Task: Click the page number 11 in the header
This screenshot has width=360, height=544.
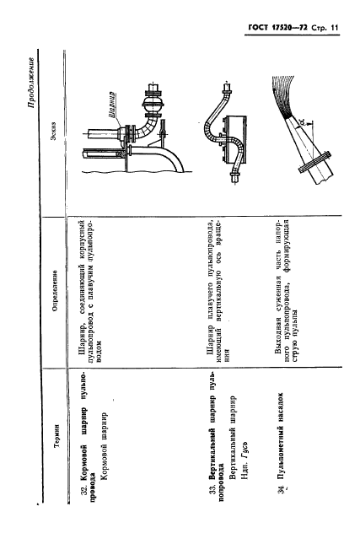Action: pos(334,28)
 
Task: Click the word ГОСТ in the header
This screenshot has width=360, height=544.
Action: pos(258,28)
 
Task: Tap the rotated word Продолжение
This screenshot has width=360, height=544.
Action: pos(31,83)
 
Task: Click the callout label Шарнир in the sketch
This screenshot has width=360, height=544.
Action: pos(112,105)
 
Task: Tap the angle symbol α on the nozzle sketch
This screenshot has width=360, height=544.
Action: pos(301,121)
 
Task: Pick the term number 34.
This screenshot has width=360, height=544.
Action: pos(282,489)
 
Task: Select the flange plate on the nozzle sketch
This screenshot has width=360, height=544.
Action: pos(314,162)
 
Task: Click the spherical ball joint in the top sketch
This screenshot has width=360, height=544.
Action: pos(152,105)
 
